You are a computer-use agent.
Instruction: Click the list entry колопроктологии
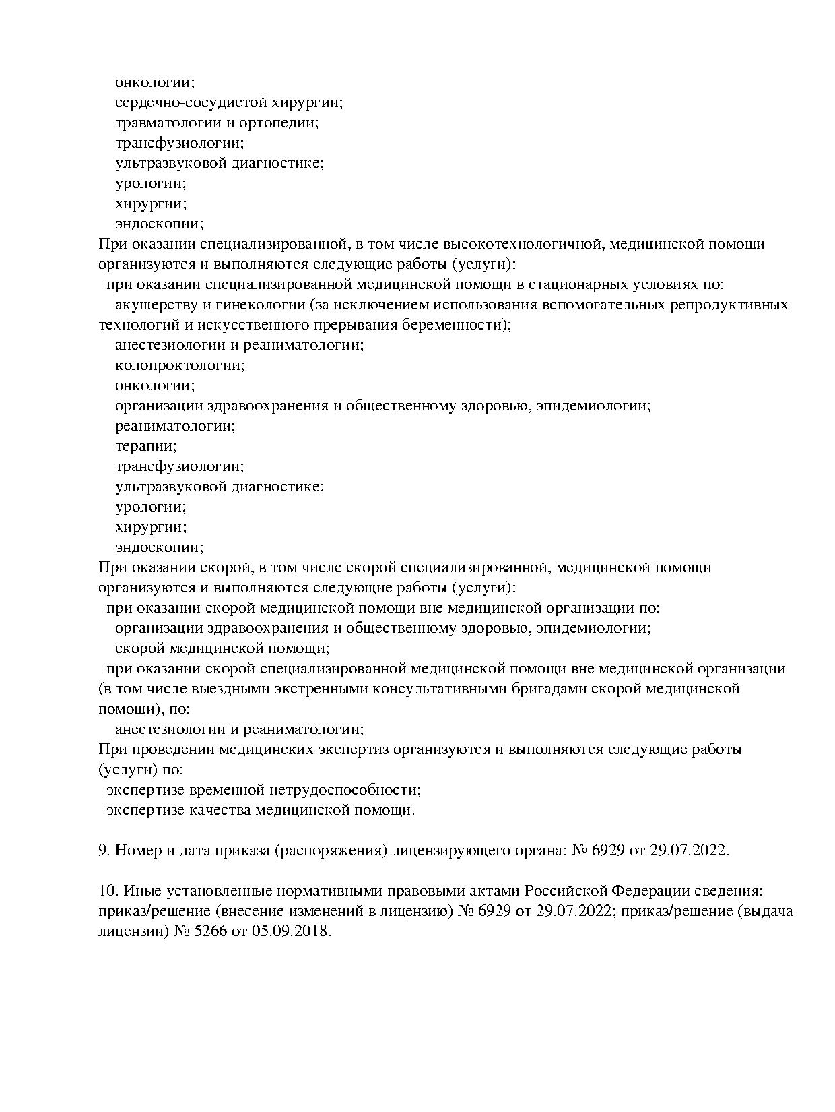pyautogui.click(x=180, y=365)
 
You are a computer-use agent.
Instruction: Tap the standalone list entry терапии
pyautogui.click(x=145, y=446)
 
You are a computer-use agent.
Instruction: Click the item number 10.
pyautogui.click(x=108, y=891)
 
